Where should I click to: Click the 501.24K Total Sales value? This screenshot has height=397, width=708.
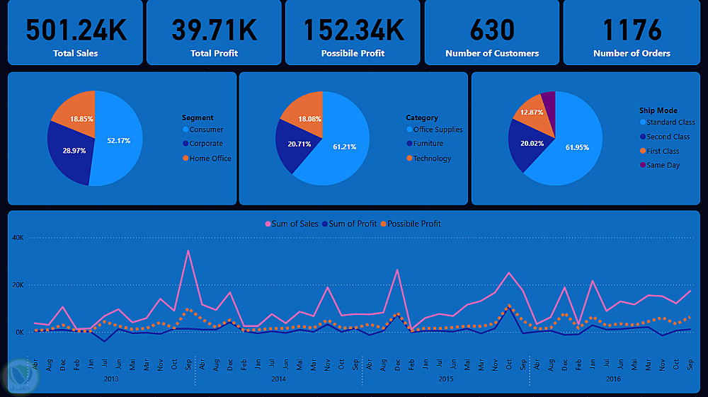[x=76, y=30]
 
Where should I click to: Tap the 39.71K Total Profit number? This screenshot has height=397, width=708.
[x=214, y=30]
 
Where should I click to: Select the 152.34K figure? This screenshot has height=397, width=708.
[x=353, y=30]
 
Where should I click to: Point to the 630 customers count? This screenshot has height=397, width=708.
[x=492, y=30]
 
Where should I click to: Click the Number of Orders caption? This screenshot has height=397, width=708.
[x=632, y=53]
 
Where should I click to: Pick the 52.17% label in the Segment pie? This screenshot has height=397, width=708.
[x=119, y=140]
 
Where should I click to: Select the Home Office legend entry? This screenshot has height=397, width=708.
[x=210, y=159]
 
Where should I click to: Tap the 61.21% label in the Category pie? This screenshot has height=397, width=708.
[x=345, y=146]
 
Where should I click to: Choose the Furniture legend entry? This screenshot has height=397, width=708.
[x=428, y=144]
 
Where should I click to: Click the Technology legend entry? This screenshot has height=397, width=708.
[x=432, y=159]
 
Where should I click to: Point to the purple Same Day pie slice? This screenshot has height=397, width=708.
[x=548, y=102]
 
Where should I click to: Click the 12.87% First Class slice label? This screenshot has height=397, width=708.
[x=532, y=112]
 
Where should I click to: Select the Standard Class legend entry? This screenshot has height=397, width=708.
[x=670, y=122]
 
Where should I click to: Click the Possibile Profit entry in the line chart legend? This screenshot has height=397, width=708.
[x=413, y=224]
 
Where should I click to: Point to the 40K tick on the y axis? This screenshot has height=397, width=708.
[x=18, y=238]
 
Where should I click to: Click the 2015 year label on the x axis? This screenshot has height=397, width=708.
[x=445, y=379]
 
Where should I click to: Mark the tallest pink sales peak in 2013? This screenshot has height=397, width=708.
[x=188, y=251]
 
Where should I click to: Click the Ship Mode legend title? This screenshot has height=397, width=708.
[x=658, y=110]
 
